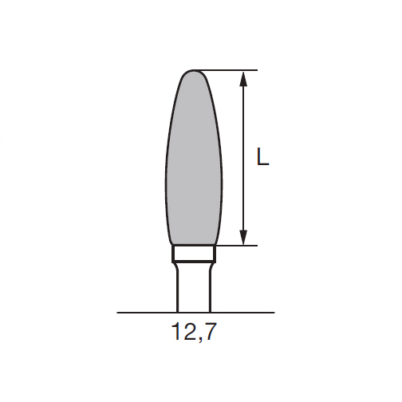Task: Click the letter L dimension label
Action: [262, 157]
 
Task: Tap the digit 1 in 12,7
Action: [176, 331]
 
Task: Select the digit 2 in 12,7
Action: [189, 331]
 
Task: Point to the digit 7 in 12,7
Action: [210, 332]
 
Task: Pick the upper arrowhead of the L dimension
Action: [243, 79]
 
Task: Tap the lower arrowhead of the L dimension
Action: [243, 237]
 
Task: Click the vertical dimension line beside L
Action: [243, 158]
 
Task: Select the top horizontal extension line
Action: [225, 70]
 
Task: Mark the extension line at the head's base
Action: [236, 246]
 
